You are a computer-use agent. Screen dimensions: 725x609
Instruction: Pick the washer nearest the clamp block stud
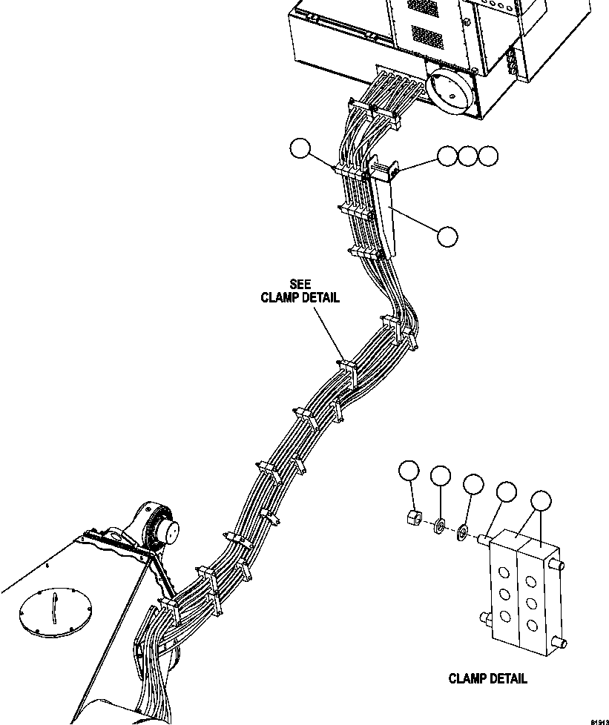tap(462, 530)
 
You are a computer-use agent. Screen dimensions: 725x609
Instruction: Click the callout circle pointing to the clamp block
tap(542, 500)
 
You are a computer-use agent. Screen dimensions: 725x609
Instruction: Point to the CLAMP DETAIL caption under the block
tap(488, 678)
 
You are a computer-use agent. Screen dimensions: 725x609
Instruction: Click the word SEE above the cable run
tap(300, 285)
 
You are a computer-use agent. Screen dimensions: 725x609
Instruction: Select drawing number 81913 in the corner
tap(599, 720)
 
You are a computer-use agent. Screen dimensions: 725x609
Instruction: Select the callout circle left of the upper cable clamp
tap(300, 148)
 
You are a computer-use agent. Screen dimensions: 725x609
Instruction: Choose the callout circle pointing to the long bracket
tap(447, 236)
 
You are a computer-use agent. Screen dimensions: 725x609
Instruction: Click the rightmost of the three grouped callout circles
tap(487, 156)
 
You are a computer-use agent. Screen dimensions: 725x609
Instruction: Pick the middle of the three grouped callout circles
tap(467, 156)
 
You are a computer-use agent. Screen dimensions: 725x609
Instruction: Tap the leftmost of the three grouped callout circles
tap(447, 156)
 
